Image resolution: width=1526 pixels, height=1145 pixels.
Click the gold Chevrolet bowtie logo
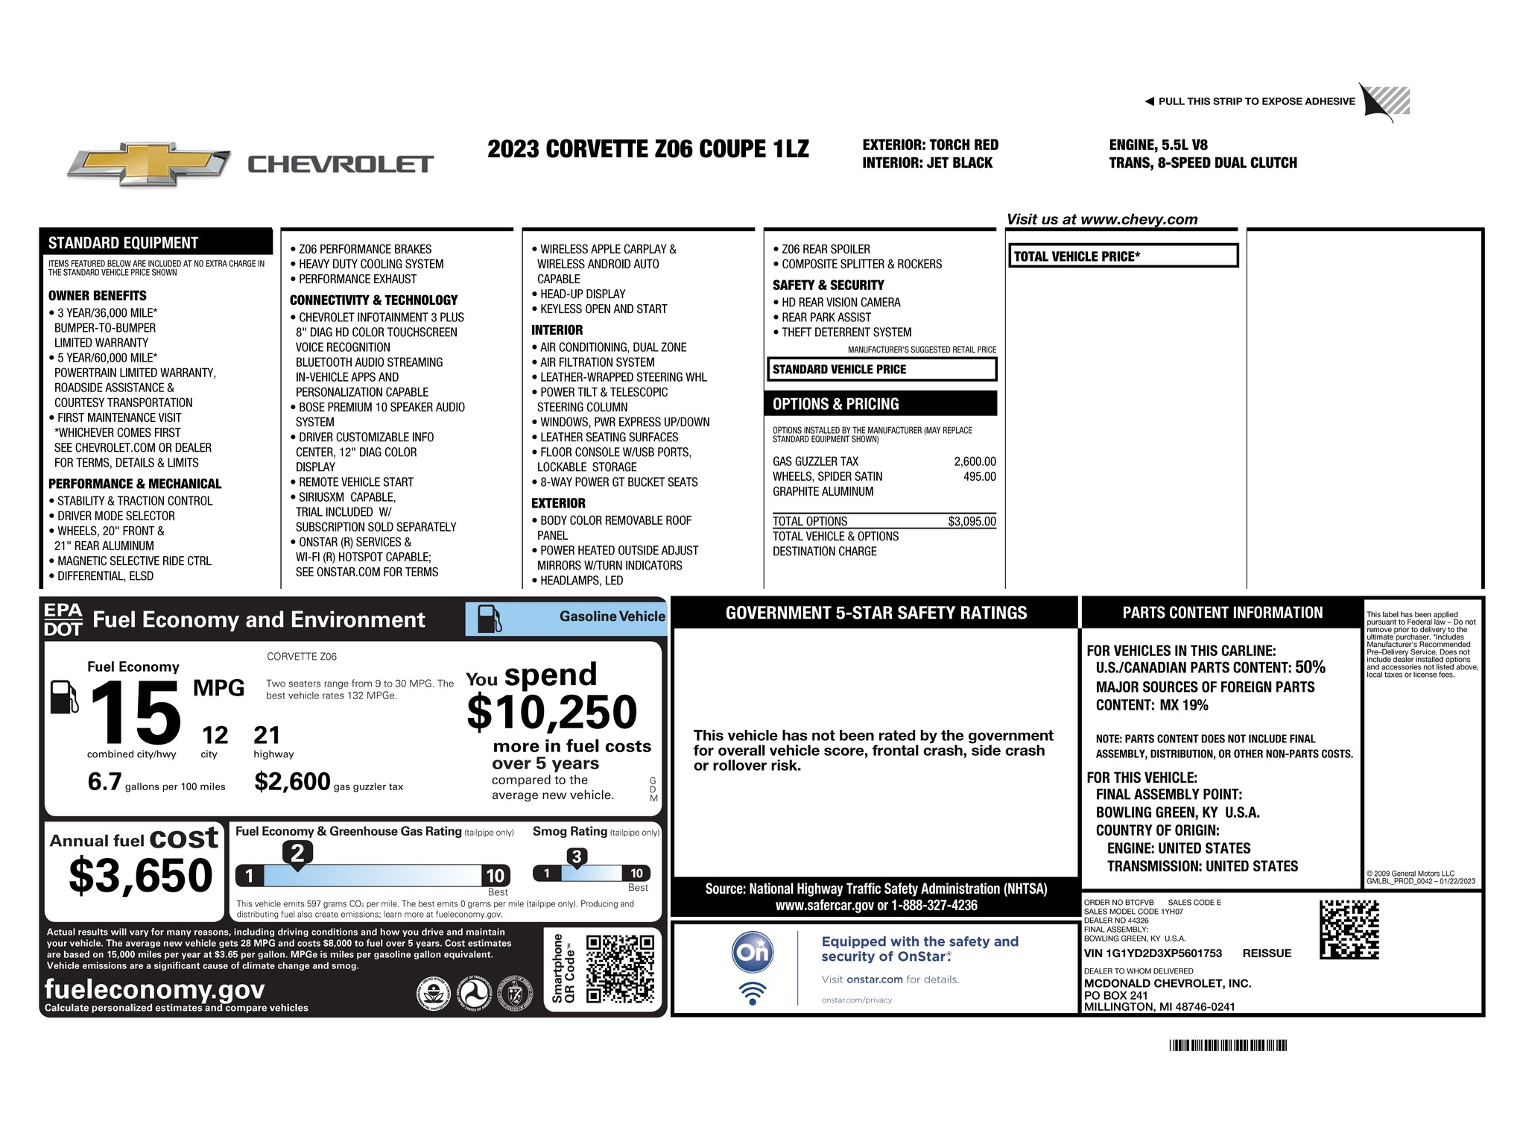click(148, 164)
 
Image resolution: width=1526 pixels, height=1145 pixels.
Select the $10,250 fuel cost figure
click(552, 712)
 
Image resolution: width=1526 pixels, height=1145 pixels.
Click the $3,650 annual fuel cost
click(141, 875)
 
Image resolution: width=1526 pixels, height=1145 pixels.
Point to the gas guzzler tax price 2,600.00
click(975, 461)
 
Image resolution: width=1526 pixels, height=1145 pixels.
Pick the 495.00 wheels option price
click(979, 476)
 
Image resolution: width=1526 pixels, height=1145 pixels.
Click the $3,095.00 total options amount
click(972, 522)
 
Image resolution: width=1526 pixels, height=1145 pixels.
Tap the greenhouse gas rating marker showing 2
click(297, 853)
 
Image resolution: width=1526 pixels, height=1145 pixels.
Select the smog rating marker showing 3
click(576, 857)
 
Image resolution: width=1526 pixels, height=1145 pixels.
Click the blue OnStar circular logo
click(753, 952)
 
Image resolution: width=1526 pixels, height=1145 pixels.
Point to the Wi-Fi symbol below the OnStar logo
click(753, 992)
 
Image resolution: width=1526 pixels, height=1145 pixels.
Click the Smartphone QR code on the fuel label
click(620, 968)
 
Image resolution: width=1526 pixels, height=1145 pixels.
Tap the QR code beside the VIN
click(1349, 930)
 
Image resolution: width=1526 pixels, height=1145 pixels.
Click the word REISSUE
click(1267, 953)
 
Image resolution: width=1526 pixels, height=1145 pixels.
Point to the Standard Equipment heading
click(124, 243)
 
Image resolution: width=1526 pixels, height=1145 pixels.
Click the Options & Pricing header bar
click(880, 404)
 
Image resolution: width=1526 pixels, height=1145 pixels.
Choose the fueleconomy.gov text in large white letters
click(154, 989)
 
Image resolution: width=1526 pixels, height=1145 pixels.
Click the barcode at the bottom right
click(1228, 1045)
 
